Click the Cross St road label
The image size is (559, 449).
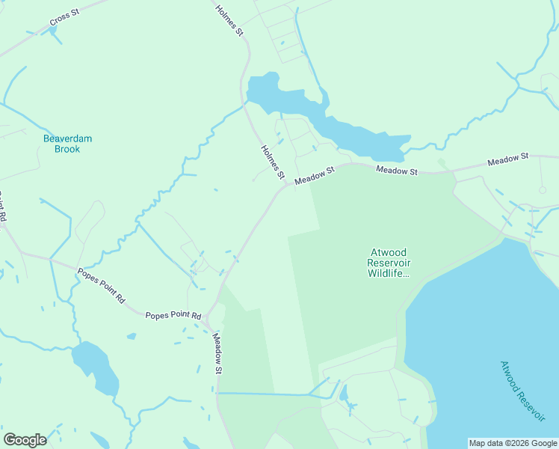(64, 18)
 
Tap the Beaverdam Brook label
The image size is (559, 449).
(61, 144)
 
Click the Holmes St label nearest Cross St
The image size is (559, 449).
(229, 20)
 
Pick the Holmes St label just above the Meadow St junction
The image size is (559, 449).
(274, 162)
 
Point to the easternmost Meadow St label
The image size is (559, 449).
(508, 159)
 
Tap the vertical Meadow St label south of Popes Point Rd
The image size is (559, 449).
(217, 354)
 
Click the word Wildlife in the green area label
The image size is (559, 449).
(389, 273)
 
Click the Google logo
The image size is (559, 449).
(25, 440)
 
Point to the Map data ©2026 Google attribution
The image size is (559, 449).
(513, 443)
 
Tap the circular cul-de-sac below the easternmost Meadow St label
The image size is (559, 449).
(543, 190)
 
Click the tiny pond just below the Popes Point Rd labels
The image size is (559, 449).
(132, 336)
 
